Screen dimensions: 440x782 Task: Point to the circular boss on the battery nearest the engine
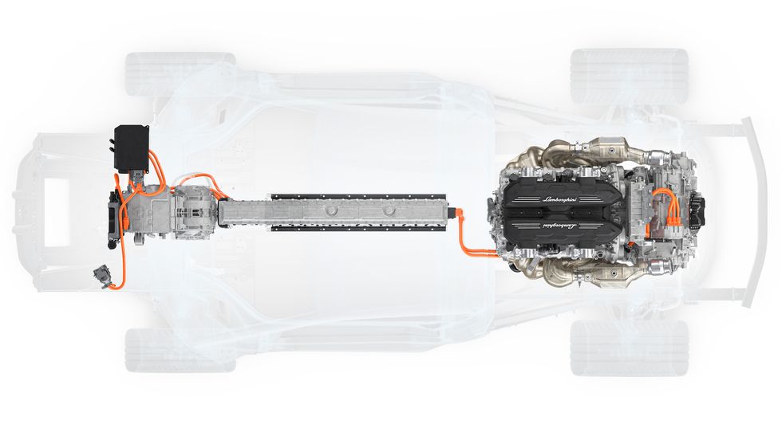[389, 211]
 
